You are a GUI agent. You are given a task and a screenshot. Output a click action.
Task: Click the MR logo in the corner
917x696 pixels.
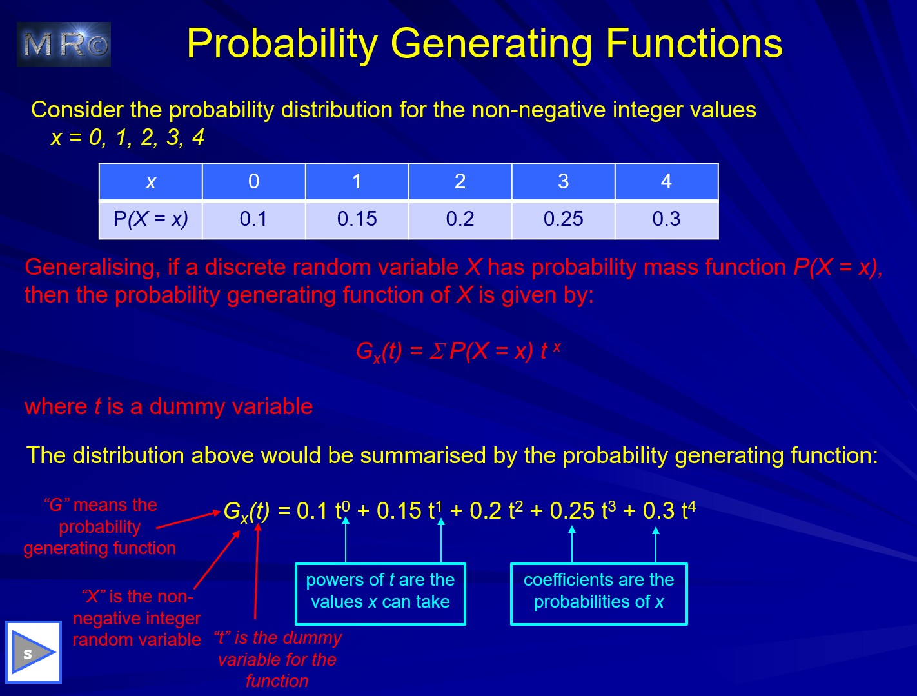[x=63, y=45]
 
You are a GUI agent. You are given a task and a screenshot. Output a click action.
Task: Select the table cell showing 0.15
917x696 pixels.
[x=357, y=219]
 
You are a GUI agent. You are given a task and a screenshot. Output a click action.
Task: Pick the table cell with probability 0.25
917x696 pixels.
[x=563, y=219]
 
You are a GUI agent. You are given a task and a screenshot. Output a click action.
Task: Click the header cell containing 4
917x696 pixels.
[x=666, y=181]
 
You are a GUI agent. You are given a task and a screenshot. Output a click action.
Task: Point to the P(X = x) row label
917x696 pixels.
[x=151, y=219]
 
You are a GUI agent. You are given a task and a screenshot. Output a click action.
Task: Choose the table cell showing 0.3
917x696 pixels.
[x=666, y=219]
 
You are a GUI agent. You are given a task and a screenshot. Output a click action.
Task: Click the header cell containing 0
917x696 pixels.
[x=253, y=181]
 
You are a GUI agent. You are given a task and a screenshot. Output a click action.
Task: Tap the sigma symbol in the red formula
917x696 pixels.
[x=437, y=352]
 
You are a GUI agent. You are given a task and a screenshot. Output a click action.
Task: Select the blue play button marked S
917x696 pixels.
[x=34, y=652]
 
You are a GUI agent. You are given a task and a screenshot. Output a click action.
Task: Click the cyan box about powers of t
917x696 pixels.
[x=380, y=594]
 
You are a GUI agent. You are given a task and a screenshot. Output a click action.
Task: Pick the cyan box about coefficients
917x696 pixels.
[x=598, y=594]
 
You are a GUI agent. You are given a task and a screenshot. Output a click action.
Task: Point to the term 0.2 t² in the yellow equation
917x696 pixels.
[x=497, y=510]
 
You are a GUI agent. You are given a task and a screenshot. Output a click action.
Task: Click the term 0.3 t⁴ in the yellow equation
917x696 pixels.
[x=669, y=510]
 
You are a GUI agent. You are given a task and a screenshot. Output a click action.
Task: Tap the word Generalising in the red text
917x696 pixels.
[x=92, y=268]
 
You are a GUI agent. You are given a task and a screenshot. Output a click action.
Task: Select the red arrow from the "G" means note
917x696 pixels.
[x=188, y=520]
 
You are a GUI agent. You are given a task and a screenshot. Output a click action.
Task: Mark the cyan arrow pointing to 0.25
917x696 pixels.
[x=572, y=544]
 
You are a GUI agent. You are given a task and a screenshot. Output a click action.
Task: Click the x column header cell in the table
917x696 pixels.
[x=151, y=181]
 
